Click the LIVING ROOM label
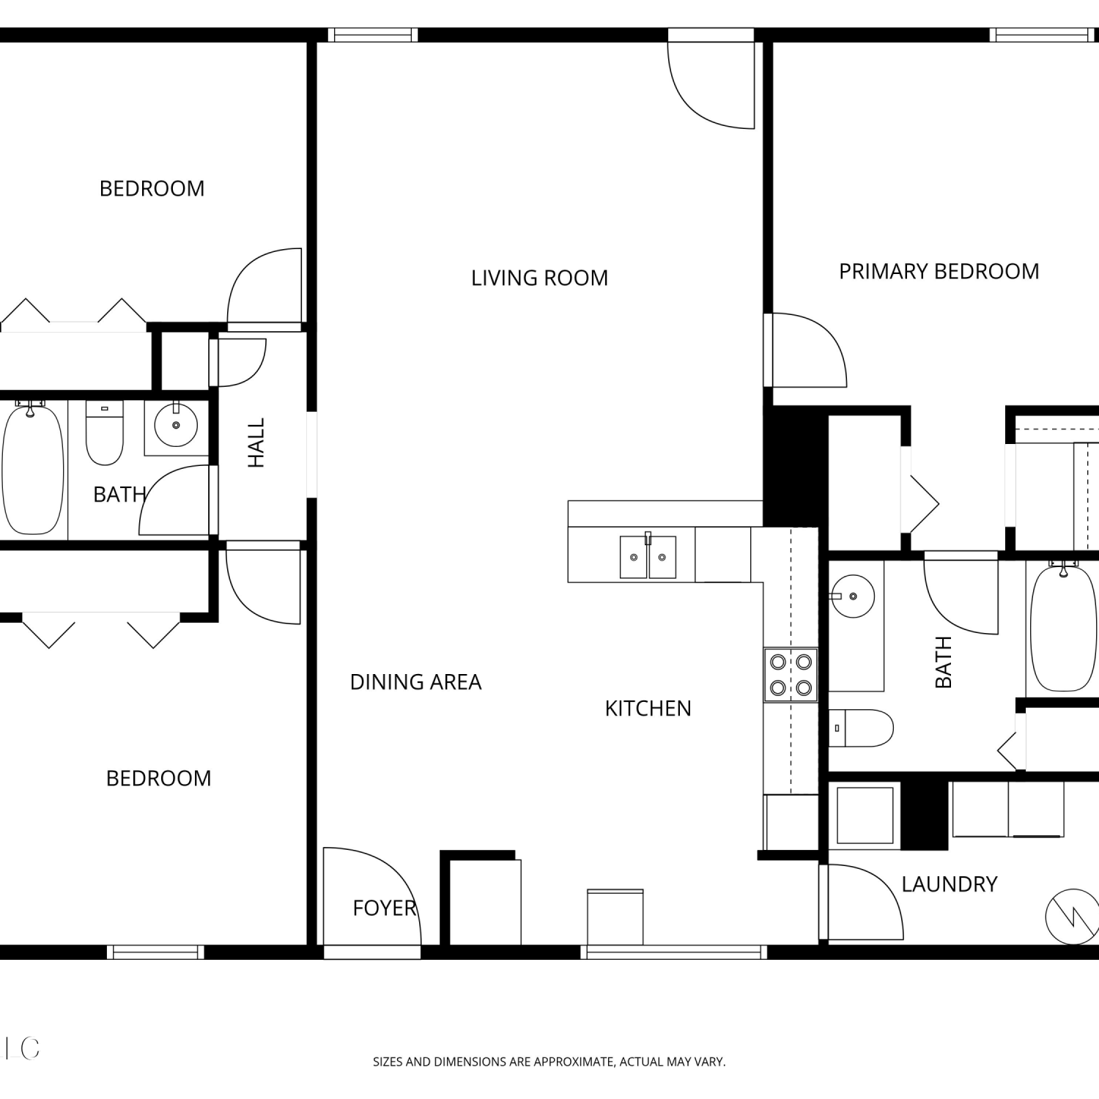tap(539, 278)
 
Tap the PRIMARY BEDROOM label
tap(939, 272)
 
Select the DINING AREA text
tap(415, 682)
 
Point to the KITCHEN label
tap(648, 708)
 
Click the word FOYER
tap(384, 909)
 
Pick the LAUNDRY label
tap(950, 884)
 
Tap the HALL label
tap(256, 443)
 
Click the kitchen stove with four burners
tap(791, 675)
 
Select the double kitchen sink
tap(648, 556)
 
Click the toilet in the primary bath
tap(861, 728)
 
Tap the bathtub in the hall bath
tap(33, 469)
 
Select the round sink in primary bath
tap(853, 596)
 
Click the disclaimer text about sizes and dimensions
tap(549, 1062)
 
